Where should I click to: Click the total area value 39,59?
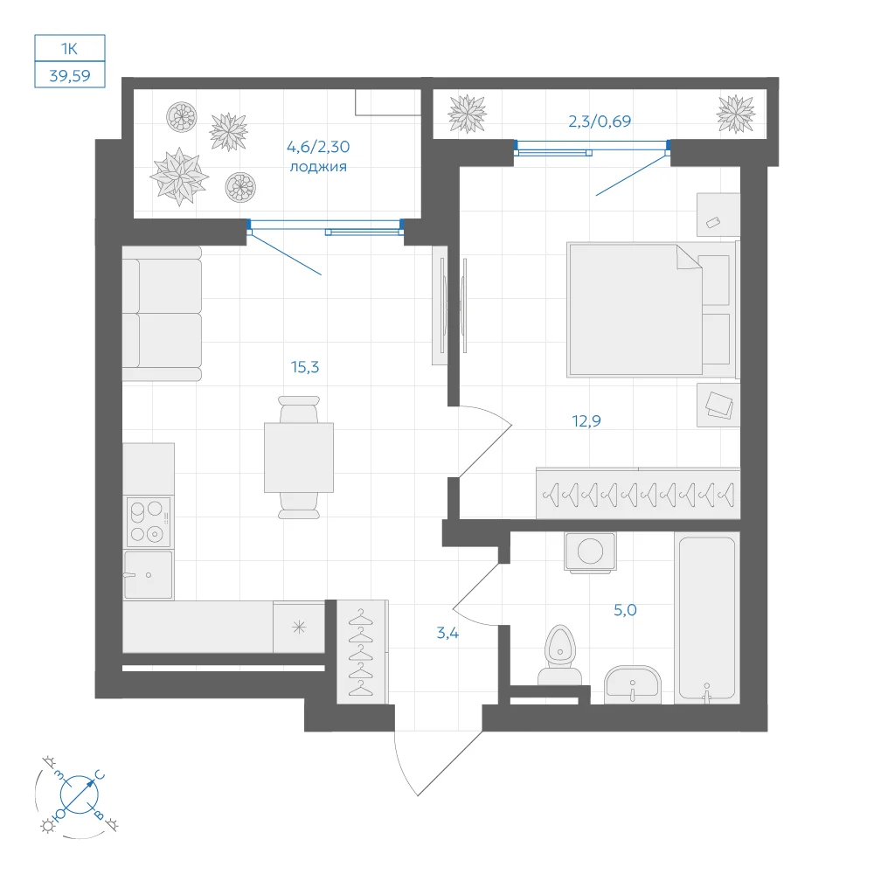pos(70,75)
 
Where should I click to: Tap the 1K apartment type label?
pos(69,49)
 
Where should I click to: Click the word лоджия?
pos(318,167)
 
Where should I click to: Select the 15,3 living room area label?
pos(305,367)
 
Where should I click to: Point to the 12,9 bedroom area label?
pos(586,421)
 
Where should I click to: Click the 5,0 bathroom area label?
pos(625,610)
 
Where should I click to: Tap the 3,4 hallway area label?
pos(447,633)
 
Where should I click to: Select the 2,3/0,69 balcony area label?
pos(600,121)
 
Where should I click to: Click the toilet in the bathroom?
pos(559,655)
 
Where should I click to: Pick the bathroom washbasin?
pos(633,684)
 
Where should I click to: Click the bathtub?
pos(707,618)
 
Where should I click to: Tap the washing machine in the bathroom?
pos(590,552)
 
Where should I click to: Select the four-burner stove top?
pos(149,523)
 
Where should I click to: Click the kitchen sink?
pos(149,575)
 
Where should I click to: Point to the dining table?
pos(299,458)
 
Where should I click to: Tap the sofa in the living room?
pos(162,314)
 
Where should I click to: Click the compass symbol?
pos(79,794)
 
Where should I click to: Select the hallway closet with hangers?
pos(363,652)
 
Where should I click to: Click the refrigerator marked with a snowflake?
pos(299,627)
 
